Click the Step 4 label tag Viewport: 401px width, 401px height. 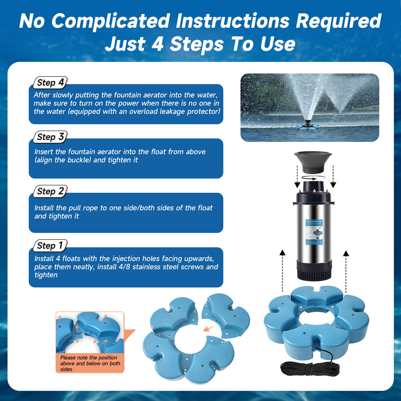(50, 83)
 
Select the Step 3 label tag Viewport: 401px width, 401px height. (50, 137)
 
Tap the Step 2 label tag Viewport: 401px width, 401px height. (50, 192)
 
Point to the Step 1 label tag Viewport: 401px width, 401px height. (50, 246)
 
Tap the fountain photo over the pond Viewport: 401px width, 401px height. (309, 107)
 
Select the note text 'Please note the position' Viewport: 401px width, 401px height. (89, 357)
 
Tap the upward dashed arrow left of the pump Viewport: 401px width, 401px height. (282, 269)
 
